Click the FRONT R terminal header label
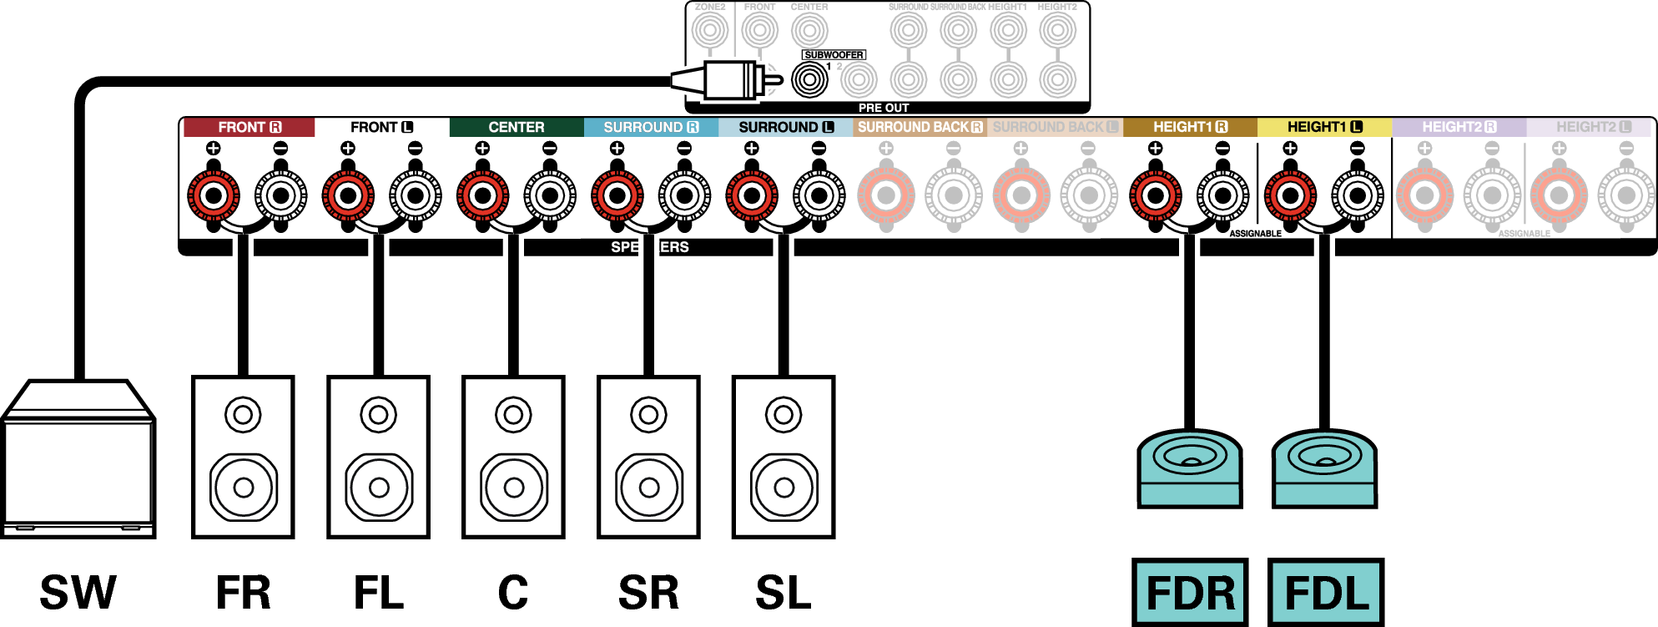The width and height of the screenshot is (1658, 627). click(249, 127)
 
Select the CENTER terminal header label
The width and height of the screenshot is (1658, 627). click(516, 127)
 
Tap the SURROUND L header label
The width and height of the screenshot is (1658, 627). click(785, 127)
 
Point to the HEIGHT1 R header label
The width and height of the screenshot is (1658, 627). click(1190, 127)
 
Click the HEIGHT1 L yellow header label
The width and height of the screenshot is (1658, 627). click(1324, 127)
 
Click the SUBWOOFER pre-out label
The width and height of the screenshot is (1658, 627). click(834, 55)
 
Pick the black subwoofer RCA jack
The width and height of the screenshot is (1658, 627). click(809, 80)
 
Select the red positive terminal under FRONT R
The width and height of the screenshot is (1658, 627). click(214, 195)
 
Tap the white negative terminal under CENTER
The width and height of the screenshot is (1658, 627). click(550, 195)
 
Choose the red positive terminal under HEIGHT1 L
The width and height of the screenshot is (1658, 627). click(1290, 195)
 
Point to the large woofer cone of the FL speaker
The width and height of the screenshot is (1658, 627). click(379, 487)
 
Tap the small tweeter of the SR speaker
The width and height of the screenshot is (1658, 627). click(648, 414)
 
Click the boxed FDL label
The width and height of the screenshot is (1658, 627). click(1326, 593)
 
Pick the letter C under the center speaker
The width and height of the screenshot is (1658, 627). click(513, 593)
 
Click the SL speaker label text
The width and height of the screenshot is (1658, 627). click(783, 593)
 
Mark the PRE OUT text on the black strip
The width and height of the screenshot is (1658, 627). click(884, 108)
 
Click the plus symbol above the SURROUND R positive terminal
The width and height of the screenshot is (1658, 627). click(617, 149)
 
